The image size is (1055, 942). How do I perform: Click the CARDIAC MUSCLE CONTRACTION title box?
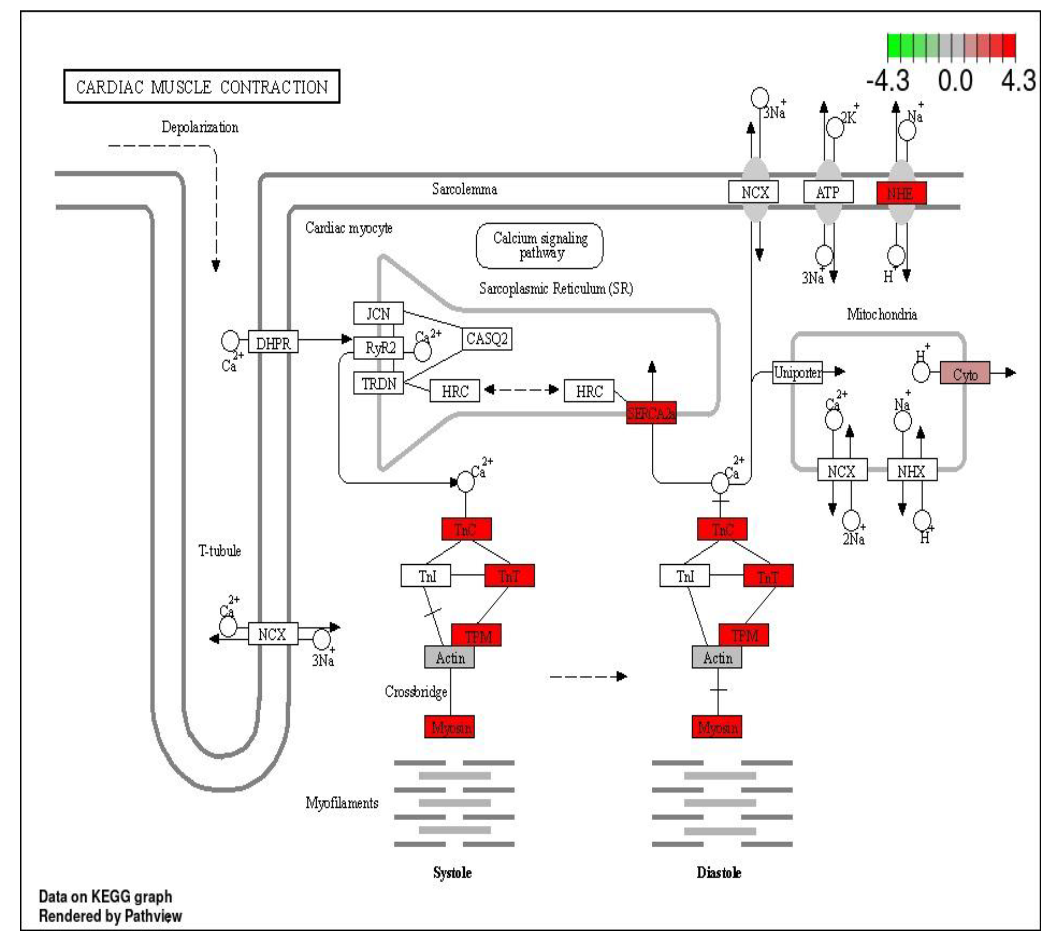[202, 86]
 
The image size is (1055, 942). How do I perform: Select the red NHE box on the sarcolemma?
[901, 193]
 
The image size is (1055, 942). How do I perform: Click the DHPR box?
[273, 342]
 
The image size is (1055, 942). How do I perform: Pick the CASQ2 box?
[486, 339]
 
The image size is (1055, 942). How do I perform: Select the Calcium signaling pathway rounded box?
[540, 245]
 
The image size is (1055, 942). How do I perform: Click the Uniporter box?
[797, 372]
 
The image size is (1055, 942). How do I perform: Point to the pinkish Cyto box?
[965, 373]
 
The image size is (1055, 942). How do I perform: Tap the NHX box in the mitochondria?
[912, 470]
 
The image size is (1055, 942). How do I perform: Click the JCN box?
[378, 313]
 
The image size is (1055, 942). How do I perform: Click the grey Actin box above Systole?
[449, 657]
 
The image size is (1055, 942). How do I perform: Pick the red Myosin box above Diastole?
[716, 727]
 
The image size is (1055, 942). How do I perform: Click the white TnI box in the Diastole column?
[684, 575]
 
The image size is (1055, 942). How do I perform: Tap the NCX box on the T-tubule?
[273, 634]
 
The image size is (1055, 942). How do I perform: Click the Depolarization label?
[200, 127]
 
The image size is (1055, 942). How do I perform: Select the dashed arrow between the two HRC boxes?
[522, 389]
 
